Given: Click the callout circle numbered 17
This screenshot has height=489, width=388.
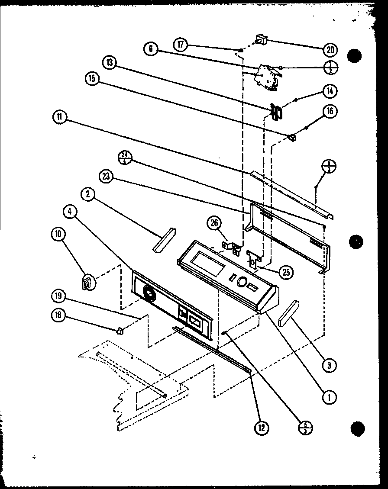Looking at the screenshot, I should (181, 45).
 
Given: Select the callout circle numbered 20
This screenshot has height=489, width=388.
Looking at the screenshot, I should (330, 50).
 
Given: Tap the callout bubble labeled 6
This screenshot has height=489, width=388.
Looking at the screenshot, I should (151, 48).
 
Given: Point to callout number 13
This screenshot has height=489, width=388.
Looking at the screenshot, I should (110, 62).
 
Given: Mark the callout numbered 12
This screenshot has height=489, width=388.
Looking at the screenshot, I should (262, 428).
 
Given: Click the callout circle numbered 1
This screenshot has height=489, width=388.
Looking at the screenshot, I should (330, 396).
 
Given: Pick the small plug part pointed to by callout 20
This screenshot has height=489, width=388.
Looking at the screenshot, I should (261, 40).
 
